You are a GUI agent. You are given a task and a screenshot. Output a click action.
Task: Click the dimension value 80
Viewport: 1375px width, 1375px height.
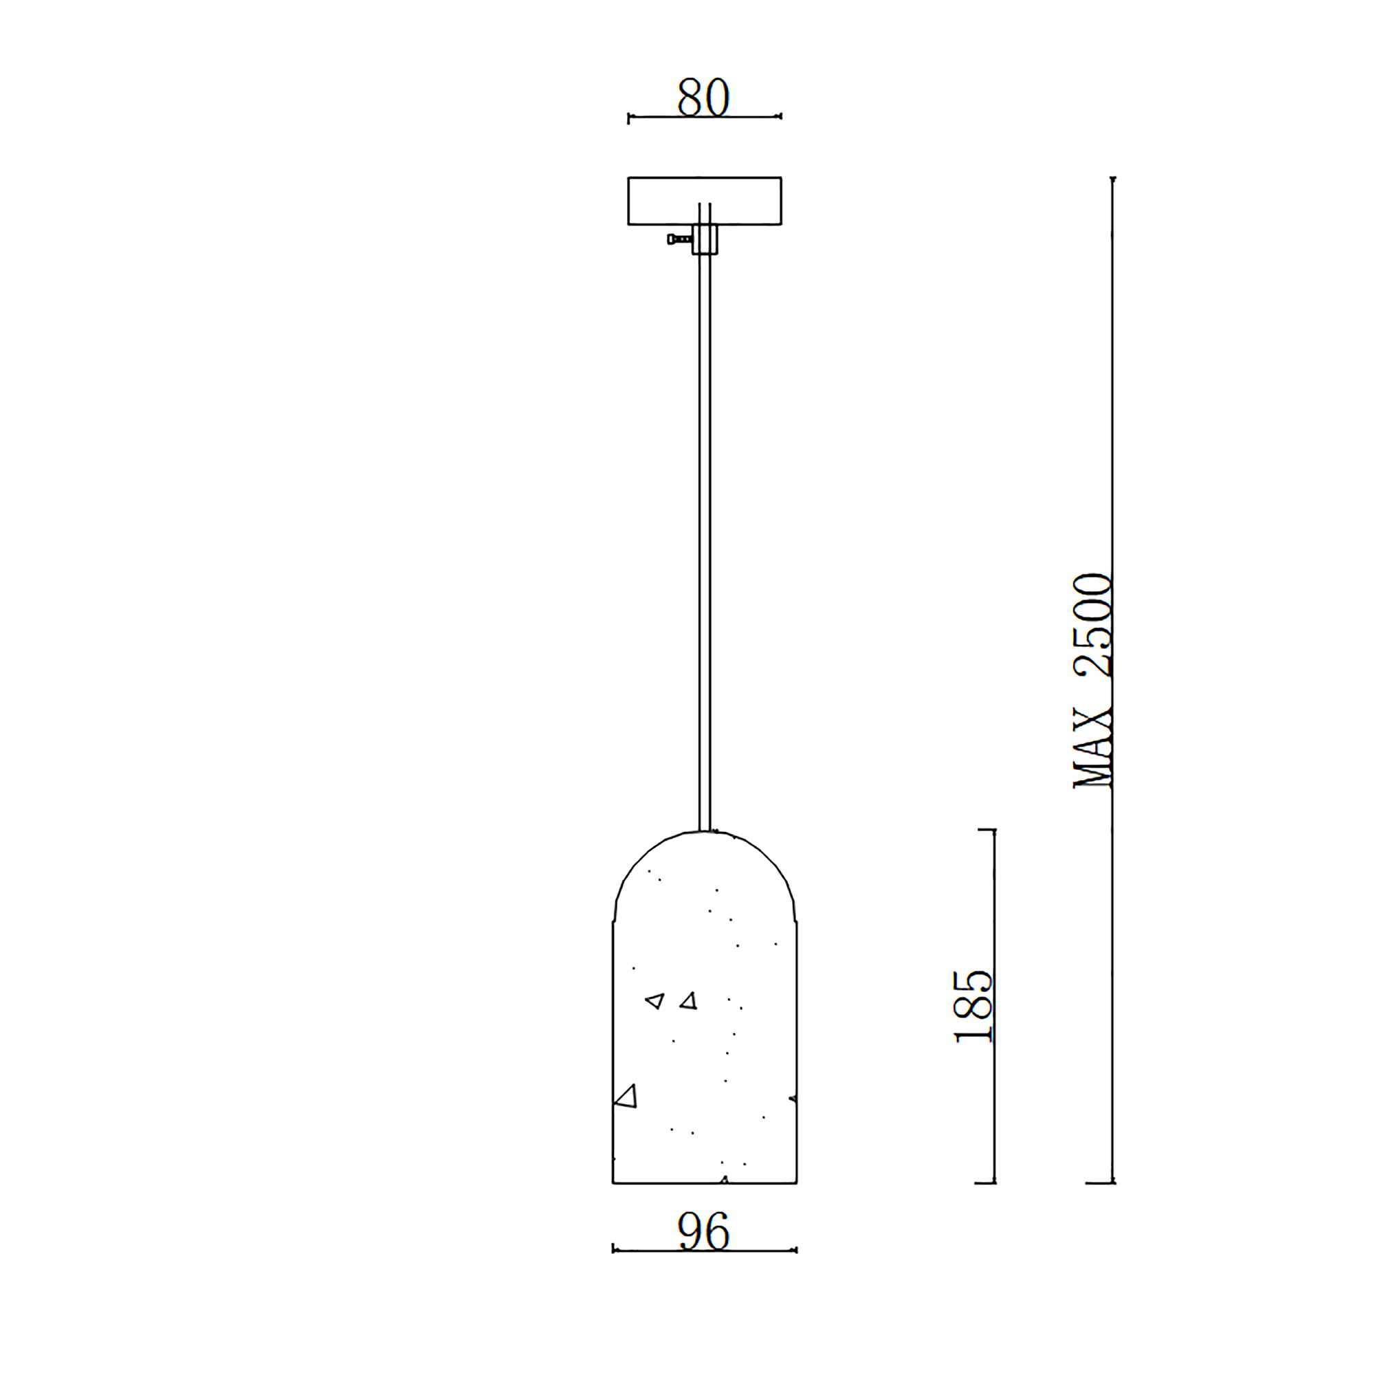[703, 97]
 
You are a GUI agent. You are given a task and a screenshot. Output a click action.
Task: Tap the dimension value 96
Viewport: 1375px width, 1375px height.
[704, 1231]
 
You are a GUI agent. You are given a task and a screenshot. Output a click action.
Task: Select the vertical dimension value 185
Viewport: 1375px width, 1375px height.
[973, 1006]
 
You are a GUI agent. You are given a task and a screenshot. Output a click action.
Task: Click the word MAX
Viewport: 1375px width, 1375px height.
[1092, 749]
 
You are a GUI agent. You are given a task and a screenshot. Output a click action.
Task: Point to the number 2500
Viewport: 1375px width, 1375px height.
[1092, 624]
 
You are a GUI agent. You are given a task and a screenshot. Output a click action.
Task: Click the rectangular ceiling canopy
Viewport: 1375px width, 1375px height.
[705, 201]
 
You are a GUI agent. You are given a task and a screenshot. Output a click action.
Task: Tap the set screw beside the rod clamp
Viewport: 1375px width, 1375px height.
[680, 239]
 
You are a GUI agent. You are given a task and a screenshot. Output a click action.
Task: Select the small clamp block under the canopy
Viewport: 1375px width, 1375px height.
[705, 239]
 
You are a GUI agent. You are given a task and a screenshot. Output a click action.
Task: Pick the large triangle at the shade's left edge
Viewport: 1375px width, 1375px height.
[626, 1097]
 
